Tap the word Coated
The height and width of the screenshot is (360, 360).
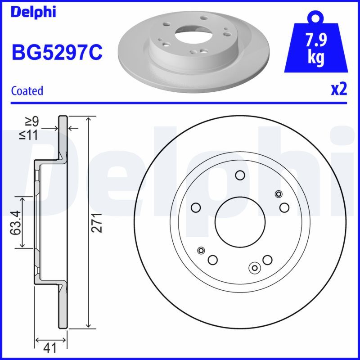pyautogui.click(x=27, y=90)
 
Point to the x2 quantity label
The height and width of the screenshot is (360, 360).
pyautogui.click(x=339, y=90)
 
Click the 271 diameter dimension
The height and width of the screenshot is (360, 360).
pyautogui.click(x=99, y=222)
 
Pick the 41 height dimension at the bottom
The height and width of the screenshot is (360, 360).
pyautogui.click(x=51, y=347)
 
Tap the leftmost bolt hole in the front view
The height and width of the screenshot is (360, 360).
pyautogui.click(x=195, y=207)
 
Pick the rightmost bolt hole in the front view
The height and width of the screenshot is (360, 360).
pyautogui.click(x=284, y=207)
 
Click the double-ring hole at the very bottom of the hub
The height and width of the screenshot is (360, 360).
pyautogui.click(x=255, y=268)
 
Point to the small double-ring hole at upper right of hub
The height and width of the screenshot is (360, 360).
pyautogui.click(x=279, y=194)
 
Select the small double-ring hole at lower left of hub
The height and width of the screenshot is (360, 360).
pyautogui.click(x=201, y=250)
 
